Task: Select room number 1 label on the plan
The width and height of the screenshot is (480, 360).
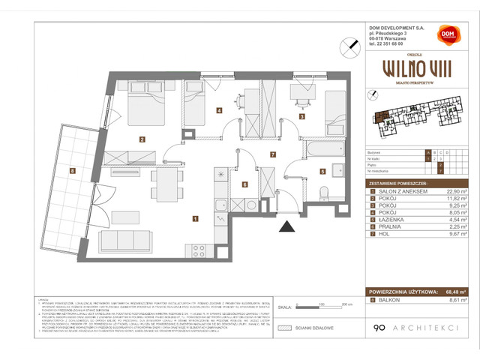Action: [x=195, y=219]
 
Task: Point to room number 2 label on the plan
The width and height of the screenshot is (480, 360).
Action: [x=141, y=139]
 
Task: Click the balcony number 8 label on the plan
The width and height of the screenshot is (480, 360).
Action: [x=71, y=171]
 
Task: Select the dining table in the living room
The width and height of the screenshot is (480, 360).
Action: [x=167, y=184]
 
